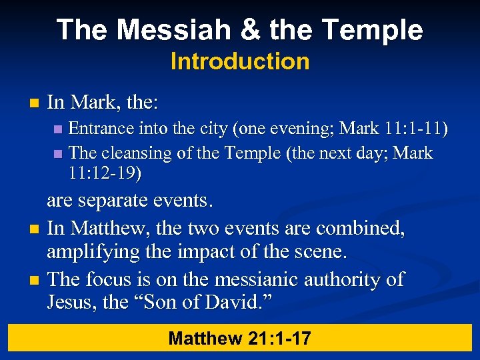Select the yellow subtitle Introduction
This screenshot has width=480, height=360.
coord(240,62)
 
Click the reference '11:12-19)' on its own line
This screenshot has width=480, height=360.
coord(105,174)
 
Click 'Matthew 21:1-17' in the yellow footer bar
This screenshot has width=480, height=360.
coord(240,338)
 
